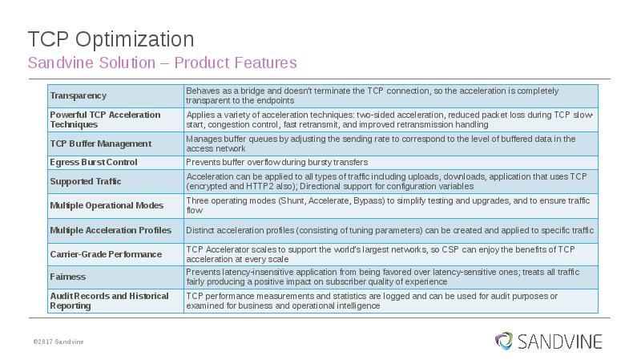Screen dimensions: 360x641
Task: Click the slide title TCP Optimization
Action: click(x=111, y=39)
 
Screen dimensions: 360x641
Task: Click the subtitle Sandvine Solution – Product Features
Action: click(x=162, y=63)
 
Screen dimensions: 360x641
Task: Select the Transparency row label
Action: click(x=78, y=96)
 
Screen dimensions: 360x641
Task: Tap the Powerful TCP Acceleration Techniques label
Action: click(x=105, y=119)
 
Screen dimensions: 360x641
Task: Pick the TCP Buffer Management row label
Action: click(x=100, y=144)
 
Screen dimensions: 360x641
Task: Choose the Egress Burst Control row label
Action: click(x=93, y=162)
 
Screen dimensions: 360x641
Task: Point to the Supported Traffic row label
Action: click(x=86, y=181)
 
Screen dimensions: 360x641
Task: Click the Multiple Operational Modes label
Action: click(x=107, y=205)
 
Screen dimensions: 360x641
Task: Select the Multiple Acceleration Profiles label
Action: click(x=111, y=230)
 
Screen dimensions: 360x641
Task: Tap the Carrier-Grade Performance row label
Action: click(x=106, y=254)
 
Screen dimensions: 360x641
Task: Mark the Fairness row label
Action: click(x=68, y=277)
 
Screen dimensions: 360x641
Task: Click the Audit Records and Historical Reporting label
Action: click(x=109, y=301)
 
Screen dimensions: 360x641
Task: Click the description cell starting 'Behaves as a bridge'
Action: click(x=373, y=95)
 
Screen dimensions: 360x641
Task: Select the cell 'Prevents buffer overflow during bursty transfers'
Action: click(x=277, y=162)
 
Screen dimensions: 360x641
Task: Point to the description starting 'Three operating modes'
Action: click(x=388, y=205)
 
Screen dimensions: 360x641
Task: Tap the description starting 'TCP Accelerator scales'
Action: click(x=381, y=254)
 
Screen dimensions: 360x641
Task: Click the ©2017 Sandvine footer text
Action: click(x=58, y=342)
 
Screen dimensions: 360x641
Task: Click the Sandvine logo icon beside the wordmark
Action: click(x=503, y=341)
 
